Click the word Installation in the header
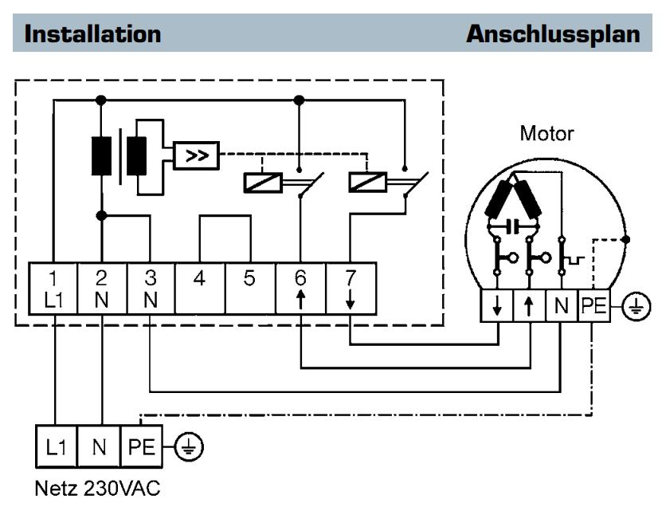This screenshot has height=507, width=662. [x=93, y=34]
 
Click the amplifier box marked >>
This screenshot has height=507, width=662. [x=194, y=155]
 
